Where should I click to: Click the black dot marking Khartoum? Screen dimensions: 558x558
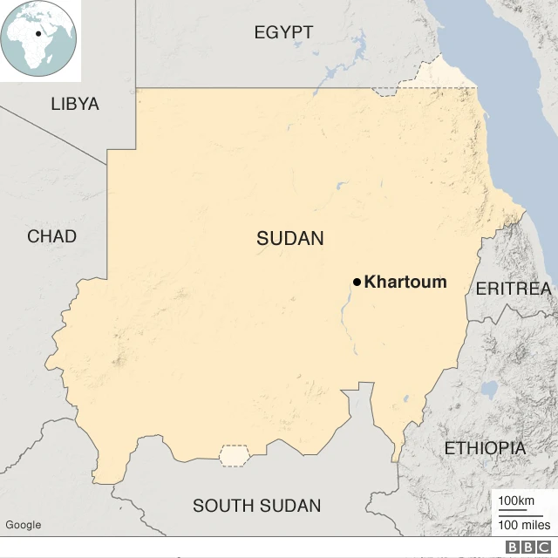point(357,282)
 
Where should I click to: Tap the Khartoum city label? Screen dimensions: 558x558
point(405,282)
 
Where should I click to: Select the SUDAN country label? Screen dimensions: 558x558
point(290,238)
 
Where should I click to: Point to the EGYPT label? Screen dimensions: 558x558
point(283,33)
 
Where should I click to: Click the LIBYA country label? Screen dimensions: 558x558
point(75,104)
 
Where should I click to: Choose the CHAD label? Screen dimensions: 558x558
point(51,236)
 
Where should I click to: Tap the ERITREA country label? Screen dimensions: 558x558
point(513,289)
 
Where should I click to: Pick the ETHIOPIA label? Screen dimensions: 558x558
point(485,448)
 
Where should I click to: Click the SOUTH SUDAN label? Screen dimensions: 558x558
point(256,506)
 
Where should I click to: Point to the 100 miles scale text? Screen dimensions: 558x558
point(524,525)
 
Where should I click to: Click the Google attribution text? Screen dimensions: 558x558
point(23,524)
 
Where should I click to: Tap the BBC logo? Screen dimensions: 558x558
point(528,547)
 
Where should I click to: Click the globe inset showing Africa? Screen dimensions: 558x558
point(39,38)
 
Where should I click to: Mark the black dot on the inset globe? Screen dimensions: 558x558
point(39,34)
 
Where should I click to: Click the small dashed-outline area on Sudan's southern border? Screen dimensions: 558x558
point(234,455)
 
